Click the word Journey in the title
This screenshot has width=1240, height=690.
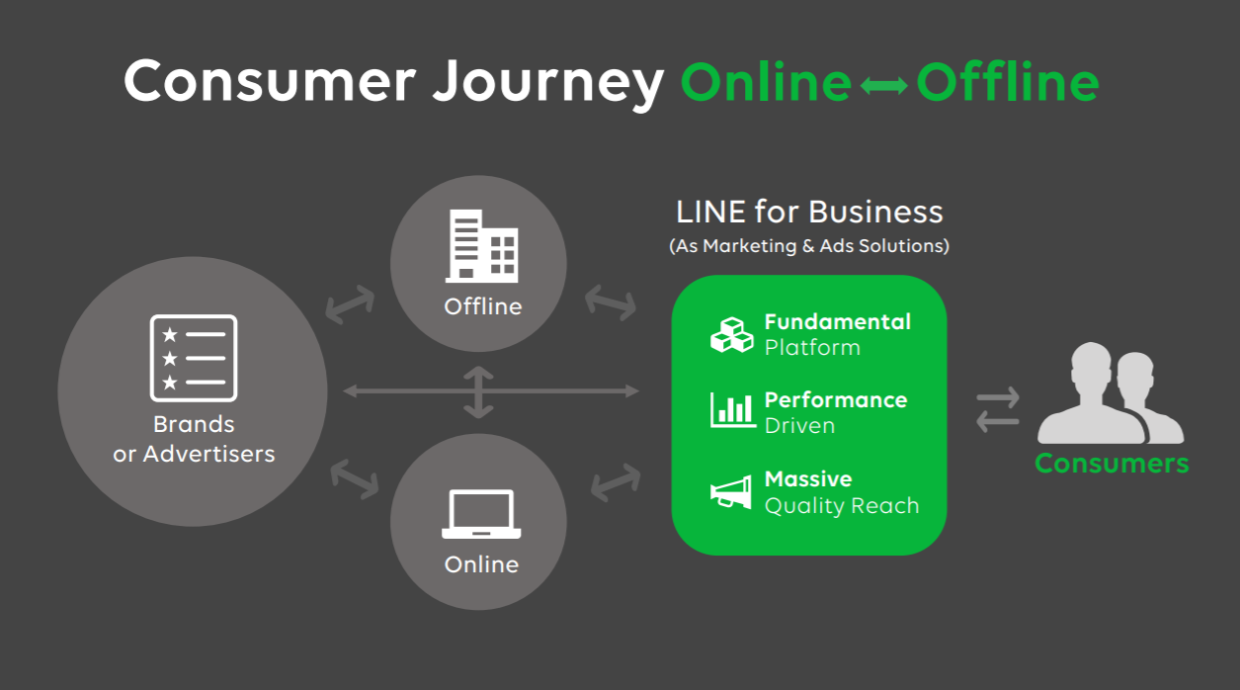coord(547,83)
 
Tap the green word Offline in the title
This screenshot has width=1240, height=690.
coord(1007,82)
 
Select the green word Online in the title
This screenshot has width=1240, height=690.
coord(766,82)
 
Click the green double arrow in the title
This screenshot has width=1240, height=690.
coord(883,86)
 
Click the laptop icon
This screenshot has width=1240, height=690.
coord(480,514)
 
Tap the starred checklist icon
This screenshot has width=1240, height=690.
coord(194,358)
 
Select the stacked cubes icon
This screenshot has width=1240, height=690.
coord(732,334)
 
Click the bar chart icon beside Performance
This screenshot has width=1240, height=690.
coord(732,410)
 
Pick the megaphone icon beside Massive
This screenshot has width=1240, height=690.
coord(731,492)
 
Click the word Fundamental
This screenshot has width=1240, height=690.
coord(837,321)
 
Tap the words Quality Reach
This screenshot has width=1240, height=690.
coord(841,506)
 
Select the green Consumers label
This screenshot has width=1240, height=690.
coord(1112,464)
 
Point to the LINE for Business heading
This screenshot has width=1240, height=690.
coord(809,212)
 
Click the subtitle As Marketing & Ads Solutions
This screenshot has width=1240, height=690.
coord(809,246)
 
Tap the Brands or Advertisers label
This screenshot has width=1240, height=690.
coord(194,439)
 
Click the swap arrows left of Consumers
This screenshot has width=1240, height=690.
coord(997,410)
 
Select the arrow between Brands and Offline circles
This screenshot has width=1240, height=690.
coord(350,304)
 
